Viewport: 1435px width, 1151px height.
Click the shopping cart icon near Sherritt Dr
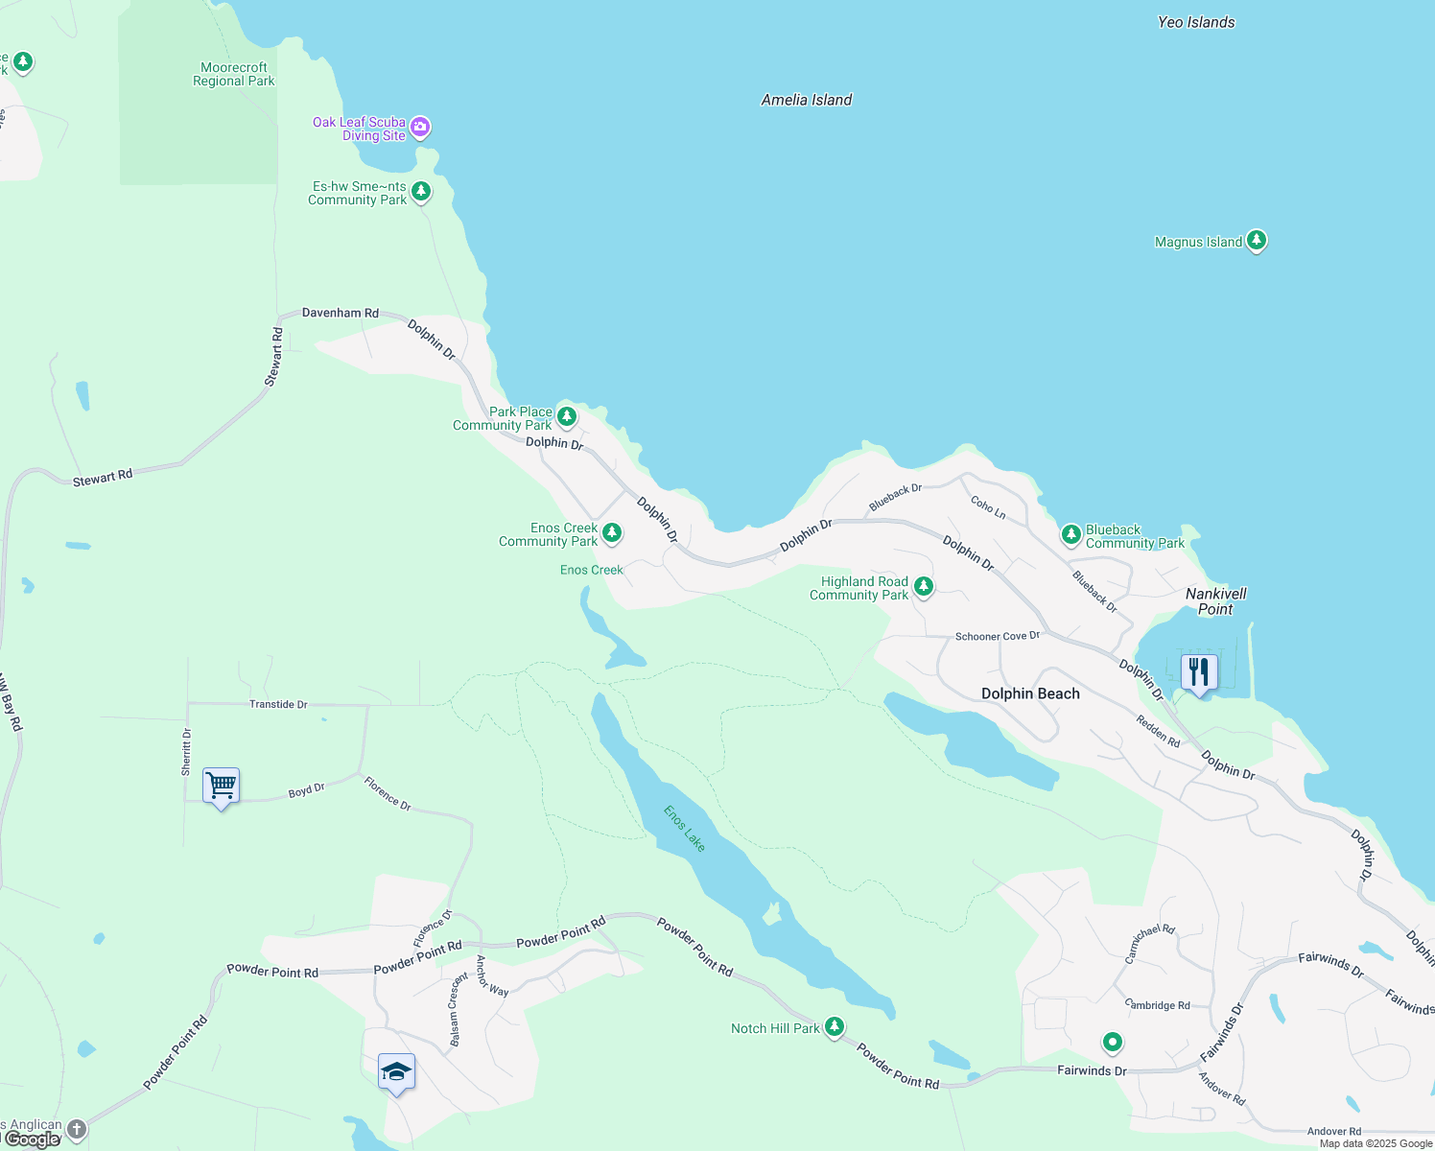click(x=221, y=786)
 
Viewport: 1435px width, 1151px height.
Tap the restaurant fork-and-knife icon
click(x=1198, y=671)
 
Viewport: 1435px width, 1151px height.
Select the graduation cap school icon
click(x=396, y=1071)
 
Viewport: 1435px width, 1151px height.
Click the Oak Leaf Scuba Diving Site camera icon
click(x=420, y=127)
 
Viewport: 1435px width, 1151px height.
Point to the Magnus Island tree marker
click(x=1257, y=241)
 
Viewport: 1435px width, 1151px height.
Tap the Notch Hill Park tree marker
click(x=835, y=1027)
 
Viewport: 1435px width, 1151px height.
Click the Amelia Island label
click(x=807, y=100)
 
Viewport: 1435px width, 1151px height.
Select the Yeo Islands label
click(x=1196, y=22)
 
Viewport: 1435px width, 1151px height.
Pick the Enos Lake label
click(x=685, y=828)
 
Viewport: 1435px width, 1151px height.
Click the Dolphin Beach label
click(x=1030, y=693)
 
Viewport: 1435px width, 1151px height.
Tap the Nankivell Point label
click(x=1215, y=601)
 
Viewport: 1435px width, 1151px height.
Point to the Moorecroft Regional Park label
click(x=234, y=75)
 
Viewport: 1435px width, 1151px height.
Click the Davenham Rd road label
click(x=341, y=313)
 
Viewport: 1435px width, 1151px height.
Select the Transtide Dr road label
click(x=278, y=704)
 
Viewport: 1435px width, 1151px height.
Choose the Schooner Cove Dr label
click(x=998, y=636)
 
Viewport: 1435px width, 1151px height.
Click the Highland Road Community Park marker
click(x=924, y=586)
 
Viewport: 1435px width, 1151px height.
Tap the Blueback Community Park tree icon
click(x=1071, y=534)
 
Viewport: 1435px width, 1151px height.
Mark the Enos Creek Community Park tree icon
click(x=611, y=532)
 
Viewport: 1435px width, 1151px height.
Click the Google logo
click(x=33, y=1139)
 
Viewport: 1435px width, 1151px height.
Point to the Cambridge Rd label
click(x=1158, y=1005)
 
